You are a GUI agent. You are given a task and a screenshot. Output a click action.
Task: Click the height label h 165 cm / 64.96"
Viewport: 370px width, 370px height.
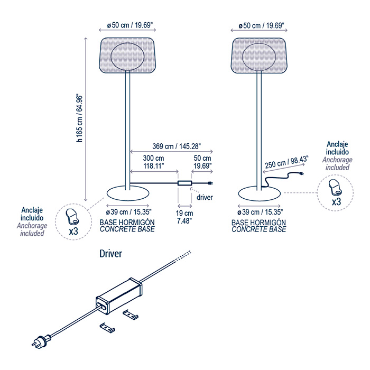coord(80,117)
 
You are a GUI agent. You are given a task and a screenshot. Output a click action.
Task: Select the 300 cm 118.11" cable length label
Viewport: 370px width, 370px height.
coord(153,162)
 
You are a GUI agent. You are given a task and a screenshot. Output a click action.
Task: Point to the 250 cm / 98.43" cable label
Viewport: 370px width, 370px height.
coord(286,160)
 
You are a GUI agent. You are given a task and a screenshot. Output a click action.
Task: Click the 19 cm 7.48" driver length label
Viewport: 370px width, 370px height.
coord(184,217)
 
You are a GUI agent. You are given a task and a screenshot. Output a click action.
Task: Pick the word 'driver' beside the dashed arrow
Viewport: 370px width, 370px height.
coord(205,198)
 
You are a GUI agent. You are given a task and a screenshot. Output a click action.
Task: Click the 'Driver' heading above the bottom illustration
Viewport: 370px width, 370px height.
coord(111,254)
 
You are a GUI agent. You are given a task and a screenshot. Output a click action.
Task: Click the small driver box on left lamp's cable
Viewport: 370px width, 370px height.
coord(185,184)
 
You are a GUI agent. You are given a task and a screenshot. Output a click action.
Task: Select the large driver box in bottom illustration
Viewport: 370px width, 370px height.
coord(119,293)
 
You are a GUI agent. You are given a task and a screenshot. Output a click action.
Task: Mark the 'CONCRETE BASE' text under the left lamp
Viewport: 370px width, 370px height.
coord(127,230)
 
